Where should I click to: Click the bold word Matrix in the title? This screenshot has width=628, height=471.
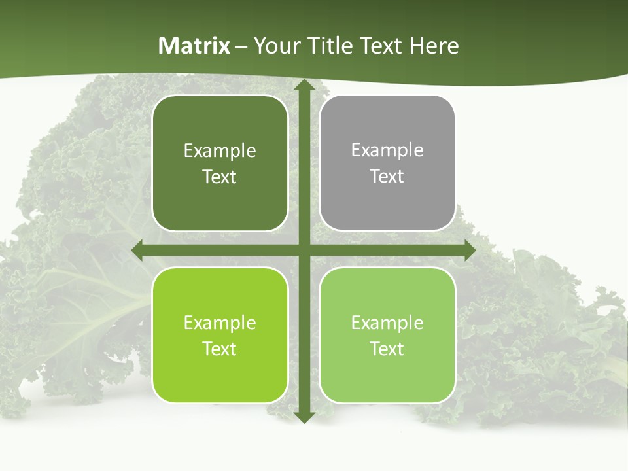click(x=194, y=46)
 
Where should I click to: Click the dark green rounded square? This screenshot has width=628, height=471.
click(x=220, y=164)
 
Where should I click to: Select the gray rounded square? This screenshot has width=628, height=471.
click(x=387, y=164)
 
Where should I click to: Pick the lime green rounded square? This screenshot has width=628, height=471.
click(x=220, y=335)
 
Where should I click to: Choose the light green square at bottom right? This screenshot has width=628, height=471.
click(x=387, y=335)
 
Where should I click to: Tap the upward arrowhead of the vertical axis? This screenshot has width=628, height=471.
click(x=304, y=85)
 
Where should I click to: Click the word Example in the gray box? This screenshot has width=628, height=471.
click(x=387, y=150)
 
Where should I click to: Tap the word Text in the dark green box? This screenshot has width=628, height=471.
click(x=220, y=177)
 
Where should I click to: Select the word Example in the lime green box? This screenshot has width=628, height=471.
click(x=220, y=323)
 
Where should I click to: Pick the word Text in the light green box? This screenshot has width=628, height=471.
click(x=387, y=349)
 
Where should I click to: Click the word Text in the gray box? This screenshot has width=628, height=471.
click(x=387, y=177)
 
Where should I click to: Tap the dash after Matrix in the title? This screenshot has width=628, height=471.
click(x=241, y=46)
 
